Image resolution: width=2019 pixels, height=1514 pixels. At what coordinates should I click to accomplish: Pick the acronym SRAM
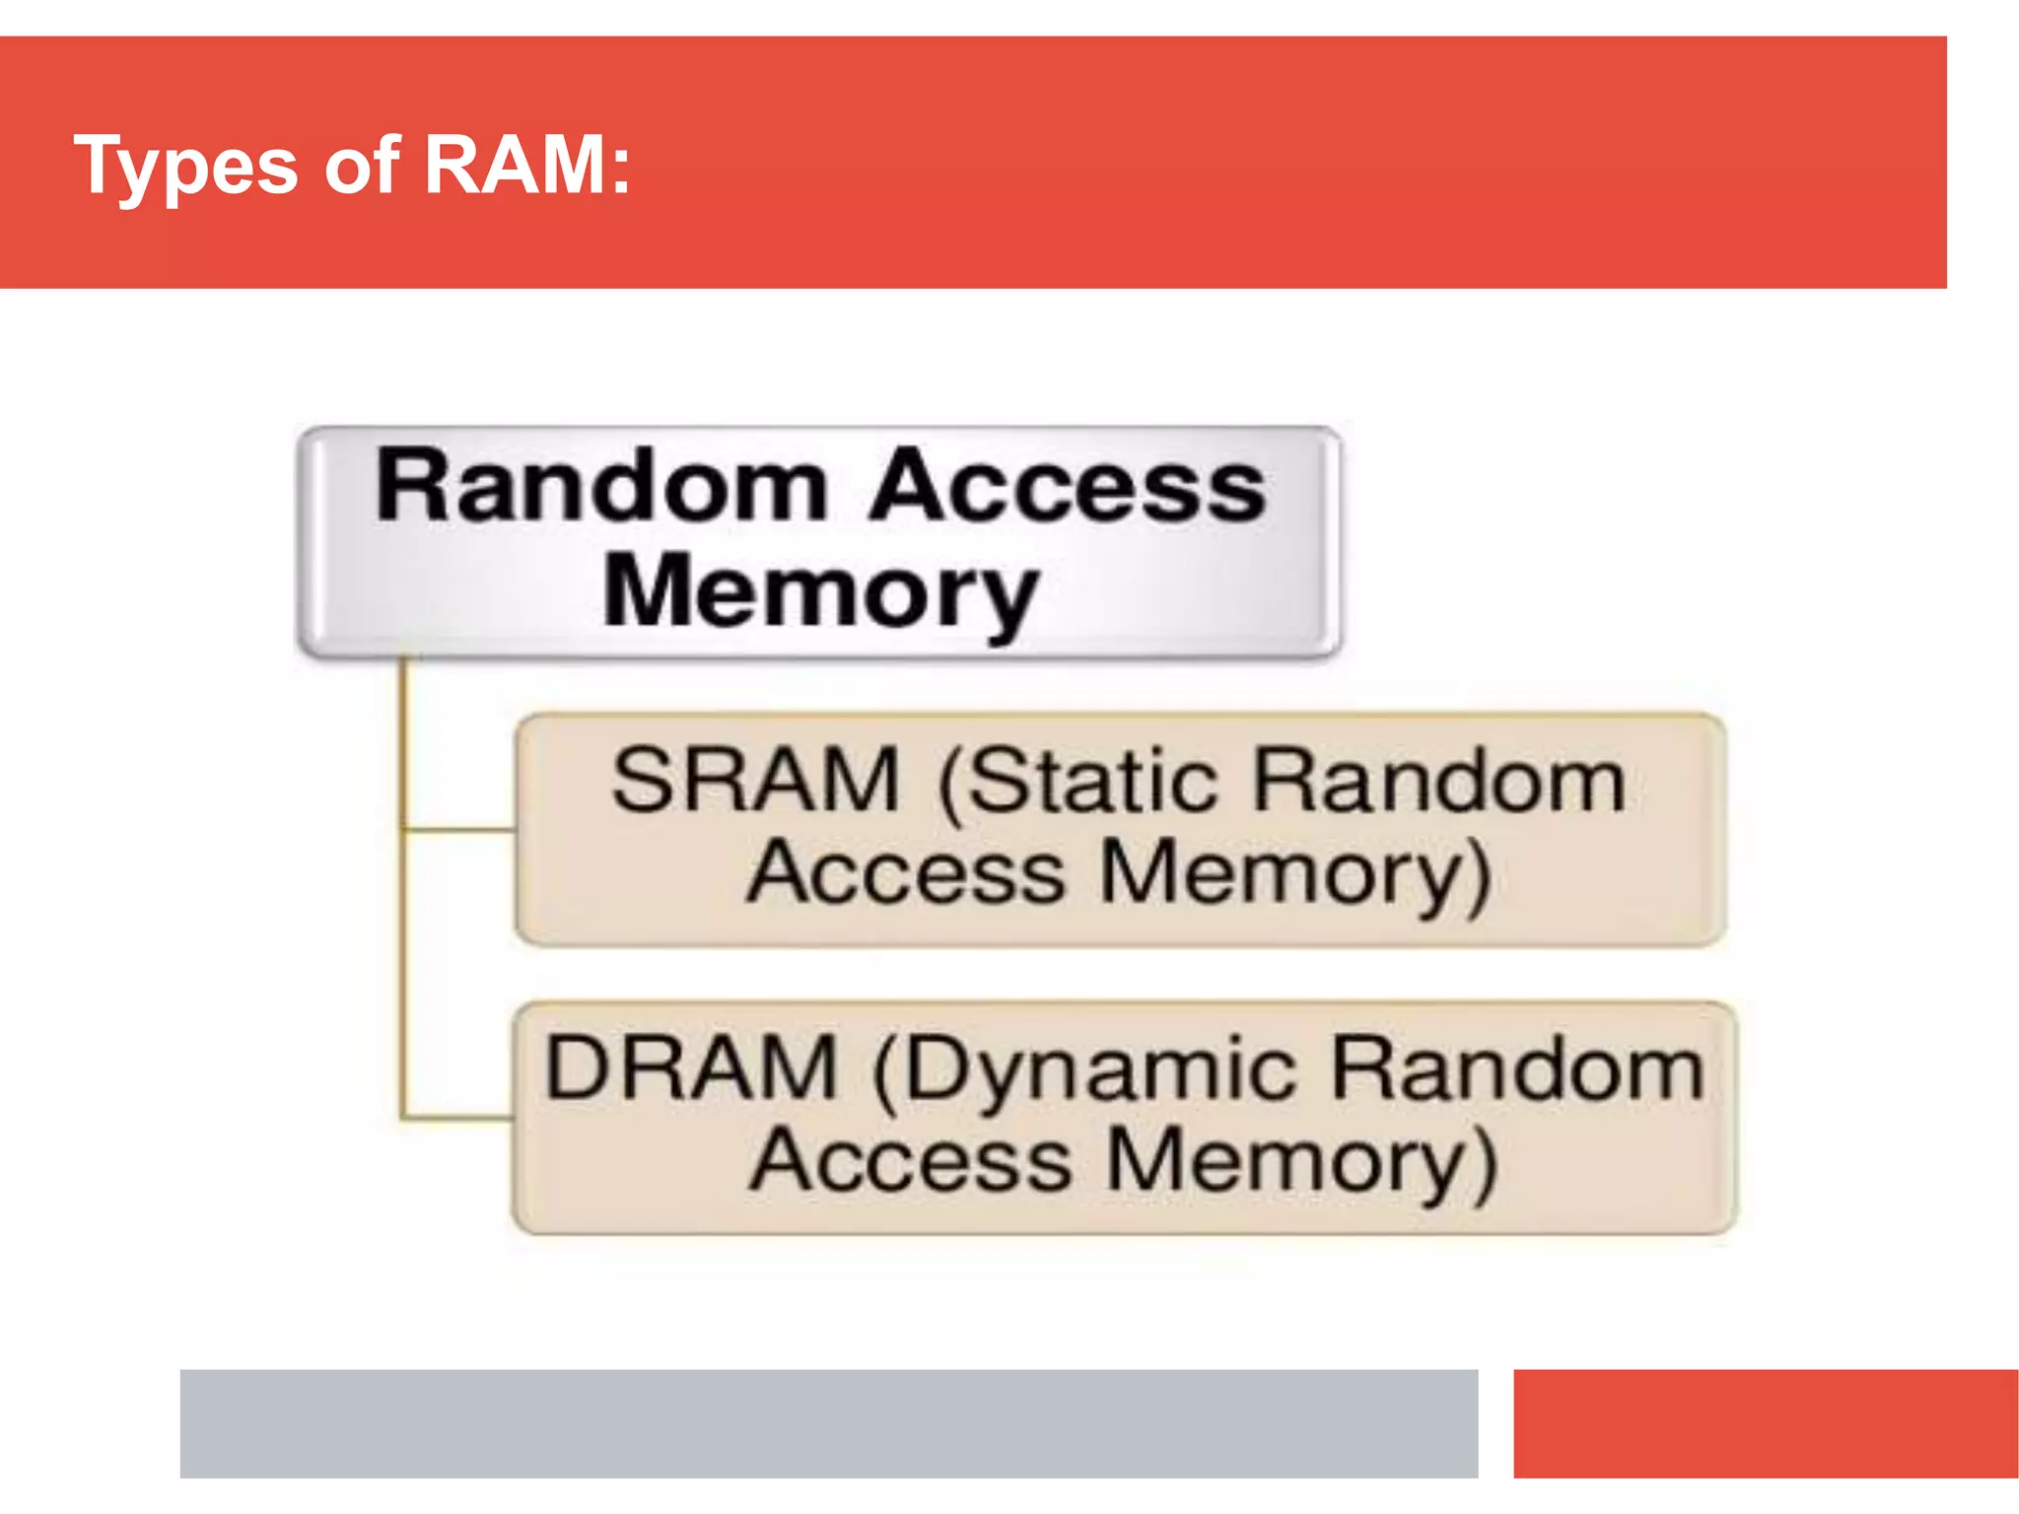[x=756, y=781]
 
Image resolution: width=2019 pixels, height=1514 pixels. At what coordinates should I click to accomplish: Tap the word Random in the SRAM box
[x=1438, y=781]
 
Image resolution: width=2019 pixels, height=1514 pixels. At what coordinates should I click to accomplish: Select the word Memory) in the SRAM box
[x=1294, y=873]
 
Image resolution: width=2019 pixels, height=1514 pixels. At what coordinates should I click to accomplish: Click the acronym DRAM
[x=690, y=1068]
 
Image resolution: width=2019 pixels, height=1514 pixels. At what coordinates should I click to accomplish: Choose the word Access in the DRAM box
[x=909, y=1161]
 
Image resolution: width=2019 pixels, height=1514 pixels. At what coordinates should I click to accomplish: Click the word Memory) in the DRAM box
[x=1301, y=1161]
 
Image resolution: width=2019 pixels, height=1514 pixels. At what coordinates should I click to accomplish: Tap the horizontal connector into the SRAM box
[x=459, y=831]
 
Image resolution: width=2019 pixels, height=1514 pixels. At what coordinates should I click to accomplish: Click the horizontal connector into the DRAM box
[x=457, y=1119]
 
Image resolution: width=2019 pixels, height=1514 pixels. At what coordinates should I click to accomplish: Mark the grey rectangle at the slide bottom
[x=828, y=1422]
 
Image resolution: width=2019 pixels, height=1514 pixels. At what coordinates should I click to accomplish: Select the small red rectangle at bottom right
[x=1765, y=1422]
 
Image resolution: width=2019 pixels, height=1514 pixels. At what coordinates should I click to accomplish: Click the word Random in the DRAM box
[x=1516, y=1068]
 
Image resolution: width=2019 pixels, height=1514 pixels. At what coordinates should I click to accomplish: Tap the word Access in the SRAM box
[x=905, y=873]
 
